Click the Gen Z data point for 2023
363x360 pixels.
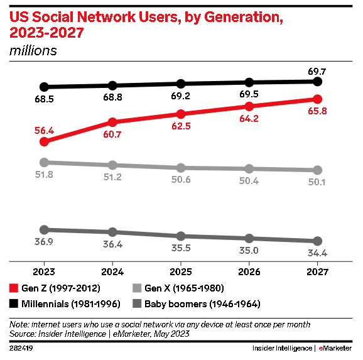44,141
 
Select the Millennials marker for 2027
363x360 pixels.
317,82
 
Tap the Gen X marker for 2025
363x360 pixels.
181,168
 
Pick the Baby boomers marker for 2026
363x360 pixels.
249,238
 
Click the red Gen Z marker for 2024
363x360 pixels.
112,122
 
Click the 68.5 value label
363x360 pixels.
44,99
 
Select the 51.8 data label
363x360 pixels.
44,175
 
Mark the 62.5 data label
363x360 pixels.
181,126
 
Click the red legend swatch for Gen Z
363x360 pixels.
14,288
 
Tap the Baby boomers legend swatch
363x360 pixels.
136,303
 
